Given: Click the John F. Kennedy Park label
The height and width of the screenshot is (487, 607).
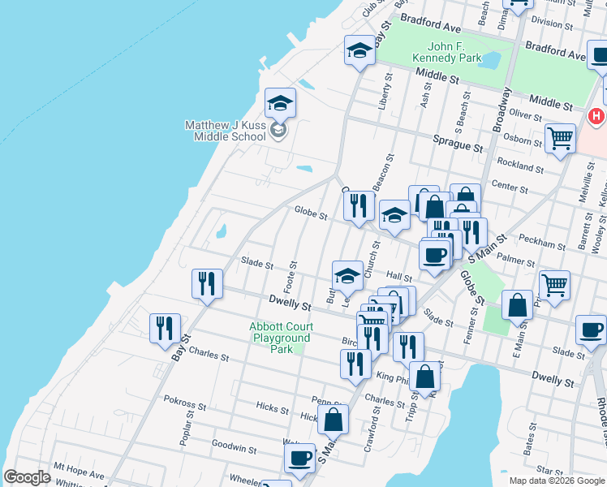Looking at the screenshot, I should (455, 52).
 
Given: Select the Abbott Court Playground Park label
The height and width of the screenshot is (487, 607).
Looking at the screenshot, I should (281, 338).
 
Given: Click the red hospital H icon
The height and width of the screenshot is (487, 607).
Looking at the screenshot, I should (596, 117).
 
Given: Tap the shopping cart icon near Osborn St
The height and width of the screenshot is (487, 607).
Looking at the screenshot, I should (560, 138).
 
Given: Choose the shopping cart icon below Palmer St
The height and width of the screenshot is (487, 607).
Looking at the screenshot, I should (554, 285).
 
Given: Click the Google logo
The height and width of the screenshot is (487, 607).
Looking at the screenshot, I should (28, 477).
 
